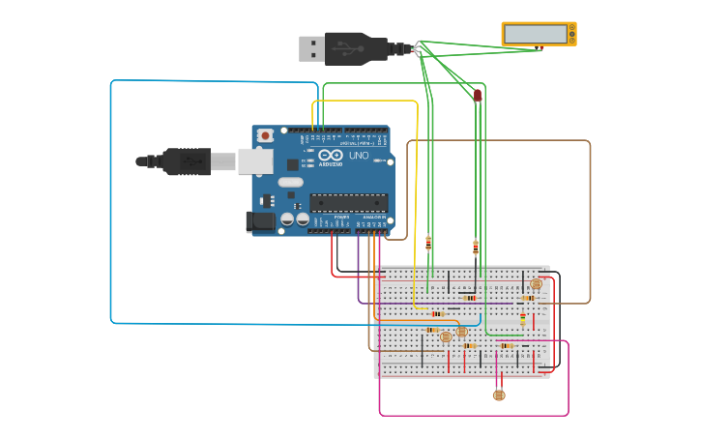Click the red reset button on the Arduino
click(265, 136)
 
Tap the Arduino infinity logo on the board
click(331, 156)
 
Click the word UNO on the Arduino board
click(358, 156)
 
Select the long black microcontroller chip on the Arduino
click(348, 202)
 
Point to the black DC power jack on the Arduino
click(260, 221)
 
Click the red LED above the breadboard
click(478, 95)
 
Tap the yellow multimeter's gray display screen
click(535, 34)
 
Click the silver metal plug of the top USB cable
click(311, 47)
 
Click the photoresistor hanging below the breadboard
click(499, 394)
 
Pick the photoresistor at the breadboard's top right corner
click(537, 283)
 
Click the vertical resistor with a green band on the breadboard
click(523, 319)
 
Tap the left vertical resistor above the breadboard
click(428, 244)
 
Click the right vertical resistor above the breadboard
click(476, 248)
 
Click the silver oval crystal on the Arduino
click(290, 182)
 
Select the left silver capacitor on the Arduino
click(287, 220)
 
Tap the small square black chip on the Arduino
click(292, 164)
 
